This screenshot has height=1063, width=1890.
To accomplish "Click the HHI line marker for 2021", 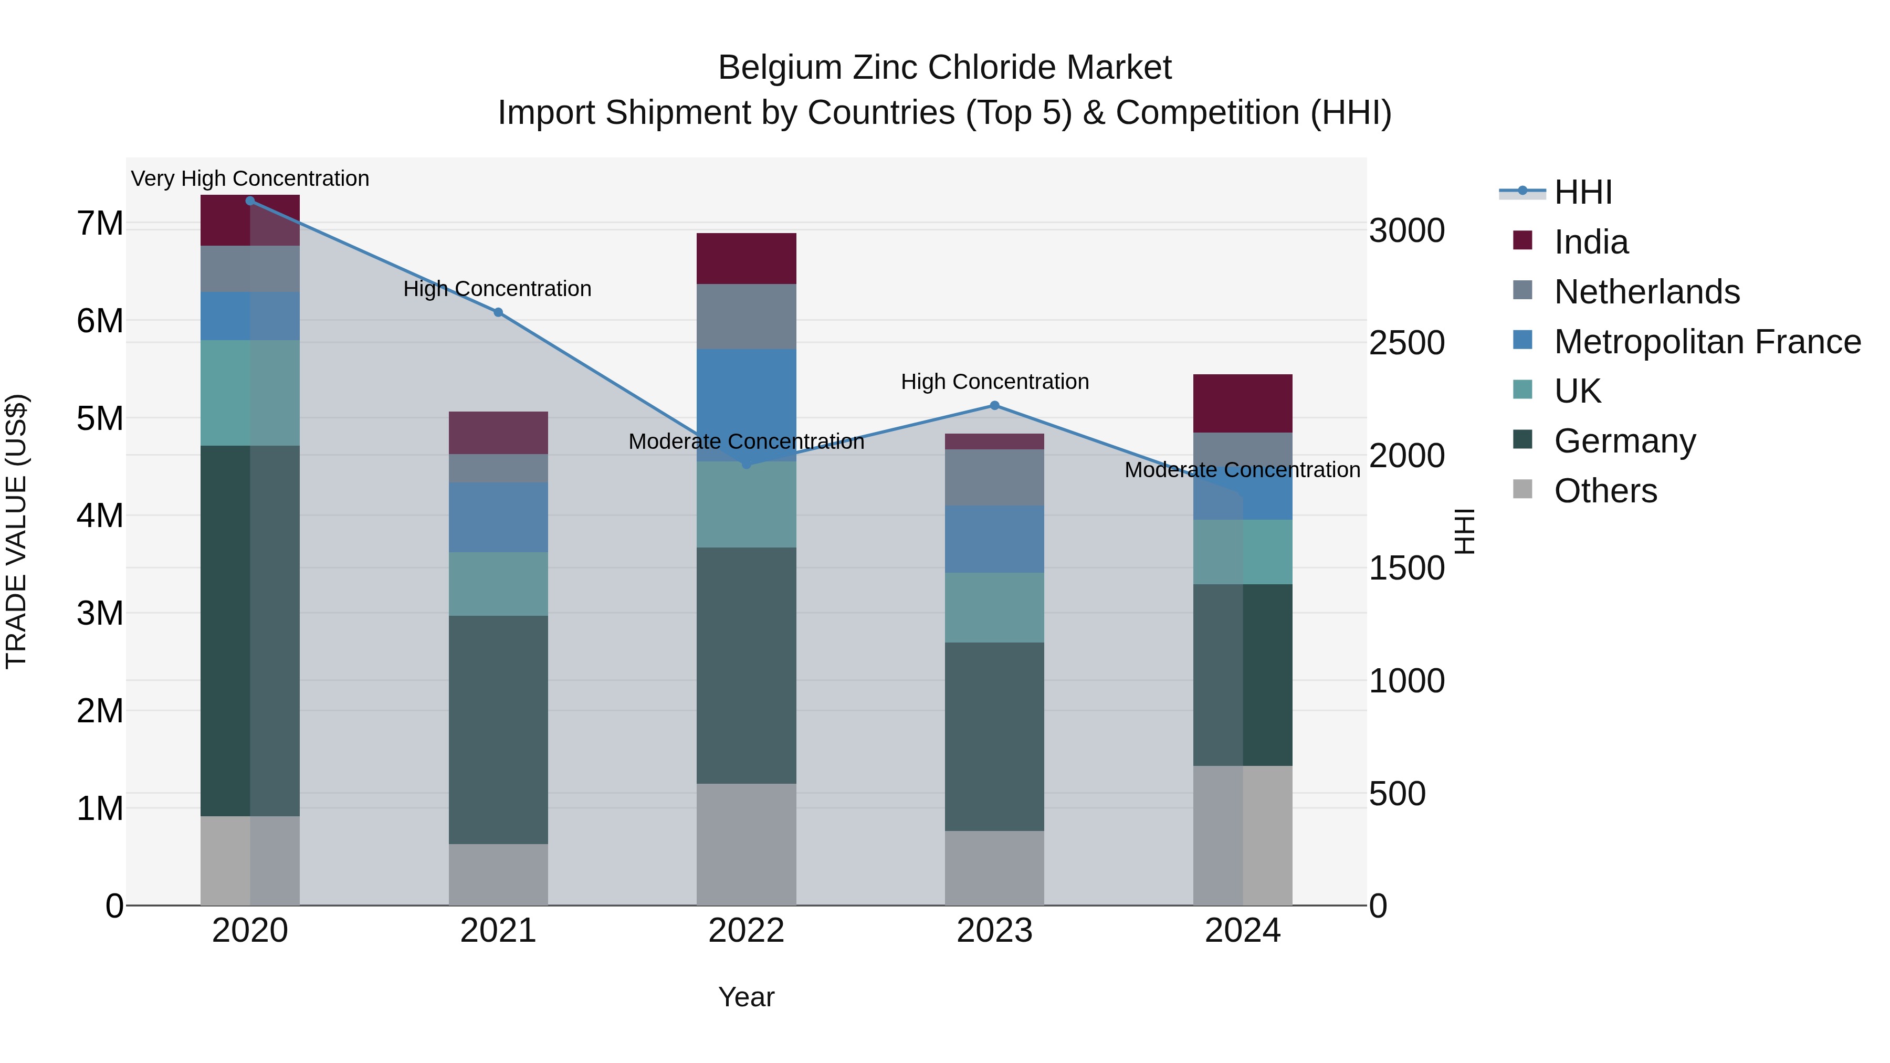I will (498, 312).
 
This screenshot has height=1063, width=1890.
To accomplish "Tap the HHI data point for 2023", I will (995, 406).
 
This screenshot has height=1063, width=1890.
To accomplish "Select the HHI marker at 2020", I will (250, 201).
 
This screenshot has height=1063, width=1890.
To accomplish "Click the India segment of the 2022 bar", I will (746, 258).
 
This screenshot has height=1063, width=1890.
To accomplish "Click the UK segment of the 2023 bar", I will (994, 607).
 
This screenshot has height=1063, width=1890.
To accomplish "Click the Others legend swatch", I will (1522, 489).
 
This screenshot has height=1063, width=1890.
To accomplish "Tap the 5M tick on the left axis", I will (100, 419).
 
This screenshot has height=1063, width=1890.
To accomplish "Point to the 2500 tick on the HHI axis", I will (1406, 343).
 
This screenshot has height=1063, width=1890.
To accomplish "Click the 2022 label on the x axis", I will (746, 931).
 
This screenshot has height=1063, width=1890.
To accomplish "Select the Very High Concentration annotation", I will (250, 179).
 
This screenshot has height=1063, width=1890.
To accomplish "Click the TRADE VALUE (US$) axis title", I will (16, 531).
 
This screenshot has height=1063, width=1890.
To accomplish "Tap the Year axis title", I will (746, 997).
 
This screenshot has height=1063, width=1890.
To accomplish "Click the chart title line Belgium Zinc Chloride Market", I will (944, 68).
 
